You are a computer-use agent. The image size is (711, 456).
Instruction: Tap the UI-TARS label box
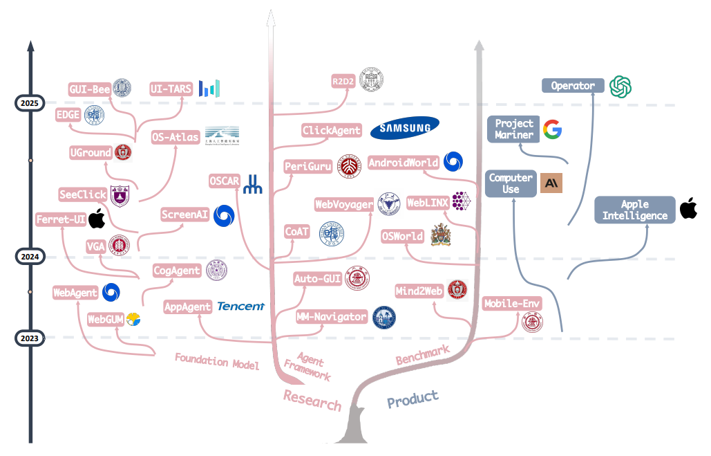point(171,89)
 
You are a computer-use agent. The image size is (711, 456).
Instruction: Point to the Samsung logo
point(405,127)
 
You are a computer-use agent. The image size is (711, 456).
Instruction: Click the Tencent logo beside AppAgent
point(240,306)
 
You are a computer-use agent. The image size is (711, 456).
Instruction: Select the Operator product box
point(573,86)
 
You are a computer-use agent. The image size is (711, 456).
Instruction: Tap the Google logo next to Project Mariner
point(551,129)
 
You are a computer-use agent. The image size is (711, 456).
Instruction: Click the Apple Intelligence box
point(635,210)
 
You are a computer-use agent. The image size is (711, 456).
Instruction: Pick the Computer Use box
point(511,183)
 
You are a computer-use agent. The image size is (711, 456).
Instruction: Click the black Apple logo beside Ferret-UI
point(96,219)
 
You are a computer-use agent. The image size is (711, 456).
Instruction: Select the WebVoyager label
point(344,204)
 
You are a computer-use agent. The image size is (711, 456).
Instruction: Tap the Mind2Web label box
point(419,291)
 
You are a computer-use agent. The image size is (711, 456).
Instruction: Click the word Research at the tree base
point(312,400)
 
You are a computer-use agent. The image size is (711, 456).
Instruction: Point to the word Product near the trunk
point(413,399)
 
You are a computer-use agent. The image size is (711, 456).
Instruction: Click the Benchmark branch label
point(422,355)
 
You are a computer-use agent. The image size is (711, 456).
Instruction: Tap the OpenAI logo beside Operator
point(620,86)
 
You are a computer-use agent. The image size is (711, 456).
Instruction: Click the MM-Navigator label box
point(331,317)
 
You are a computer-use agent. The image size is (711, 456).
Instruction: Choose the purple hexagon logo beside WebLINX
point(462,201)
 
